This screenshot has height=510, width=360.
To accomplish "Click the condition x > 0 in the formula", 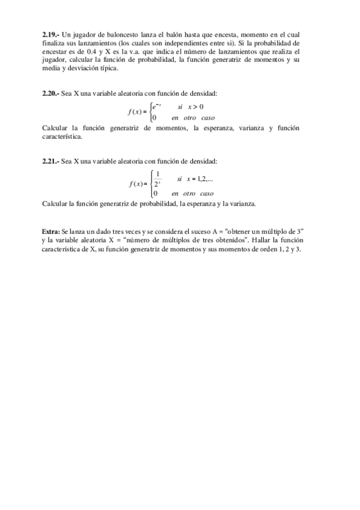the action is tap(196, 106).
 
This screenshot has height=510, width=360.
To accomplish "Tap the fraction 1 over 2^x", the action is tap(157, 179).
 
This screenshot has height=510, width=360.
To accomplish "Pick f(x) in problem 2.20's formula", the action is tap(137, 112).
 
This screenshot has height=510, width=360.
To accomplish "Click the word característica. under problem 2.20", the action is tap(63, 137).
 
